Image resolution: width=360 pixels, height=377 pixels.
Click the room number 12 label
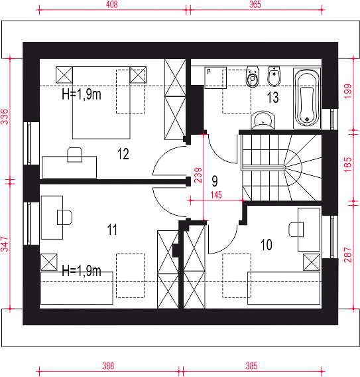point(123,154)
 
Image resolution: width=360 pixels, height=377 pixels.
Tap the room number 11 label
point(112,230)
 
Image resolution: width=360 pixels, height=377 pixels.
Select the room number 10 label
point(267,245)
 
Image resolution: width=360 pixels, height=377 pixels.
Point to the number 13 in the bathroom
point(273,98)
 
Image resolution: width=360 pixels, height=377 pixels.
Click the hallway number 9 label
point(215,181)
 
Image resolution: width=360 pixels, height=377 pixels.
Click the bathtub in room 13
point(307,98)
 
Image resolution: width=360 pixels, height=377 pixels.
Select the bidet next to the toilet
point(274,76)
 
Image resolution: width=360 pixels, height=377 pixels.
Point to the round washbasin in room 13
point(263,120)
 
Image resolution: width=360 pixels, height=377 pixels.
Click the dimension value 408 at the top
point(112,5)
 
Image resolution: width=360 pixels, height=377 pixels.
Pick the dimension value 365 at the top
point(255,5)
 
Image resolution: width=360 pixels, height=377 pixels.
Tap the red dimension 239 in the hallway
point(198,175)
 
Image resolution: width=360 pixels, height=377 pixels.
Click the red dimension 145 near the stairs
point(216,194)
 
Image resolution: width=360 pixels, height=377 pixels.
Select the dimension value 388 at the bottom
point(108,366)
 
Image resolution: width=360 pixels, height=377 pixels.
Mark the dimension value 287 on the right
point(348,255)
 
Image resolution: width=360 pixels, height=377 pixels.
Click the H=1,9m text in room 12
point(82,94)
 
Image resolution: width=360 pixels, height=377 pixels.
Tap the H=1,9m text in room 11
point(82,271)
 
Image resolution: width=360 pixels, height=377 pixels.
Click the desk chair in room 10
point(296,230)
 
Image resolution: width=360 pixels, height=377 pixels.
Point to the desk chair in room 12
point(75,155)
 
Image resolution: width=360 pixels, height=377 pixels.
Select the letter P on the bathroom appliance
point(209,72)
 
